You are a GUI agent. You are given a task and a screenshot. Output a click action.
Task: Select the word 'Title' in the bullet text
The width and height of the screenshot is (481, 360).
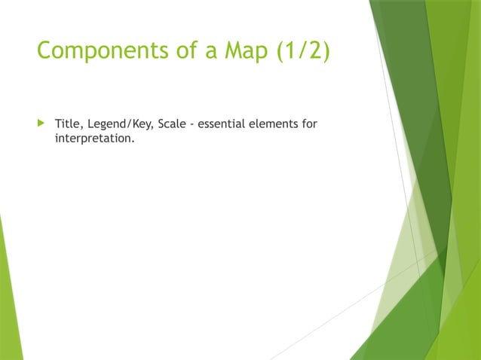point(67,124)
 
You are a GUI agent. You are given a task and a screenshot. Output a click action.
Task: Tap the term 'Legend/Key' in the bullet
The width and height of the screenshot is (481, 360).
point(119,124)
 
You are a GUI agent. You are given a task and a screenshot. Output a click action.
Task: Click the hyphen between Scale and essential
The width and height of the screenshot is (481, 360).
point(193,124)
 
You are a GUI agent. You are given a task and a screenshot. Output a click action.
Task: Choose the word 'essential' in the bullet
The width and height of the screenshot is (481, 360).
point(222,124)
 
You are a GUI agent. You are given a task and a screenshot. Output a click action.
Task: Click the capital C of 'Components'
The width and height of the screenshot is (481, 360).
point(44,50)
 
